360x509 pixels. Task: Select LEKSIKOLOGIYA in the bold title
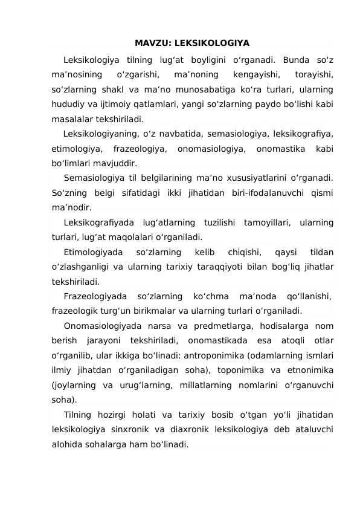tap(211, 44)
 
